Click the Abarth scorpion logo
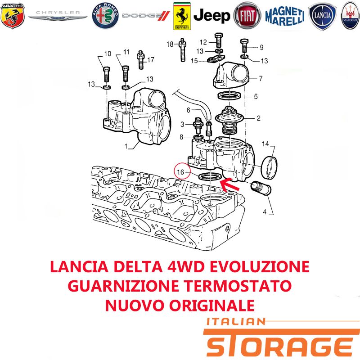(x=13, y=15)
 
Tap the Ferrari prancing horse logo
(x=182, y=16)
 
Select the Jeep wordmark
(x=211, y=16)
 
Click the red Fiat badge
(x=247, y=16)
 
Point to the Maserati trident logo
(x=350, y=16)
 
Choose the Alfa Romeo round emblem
(x=105, y=16)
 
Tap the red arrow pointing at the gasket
(x=229, y=184)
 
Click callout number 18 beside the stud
(x=170, y=44)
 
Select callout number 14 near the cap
(x=265, y=144)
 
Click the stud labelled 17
(x=141, y=60)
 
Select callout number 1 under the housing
(x=126, y=146)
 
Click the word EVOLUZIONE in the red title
(x=260, y=266)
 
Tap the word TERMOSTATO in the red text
(x=238, y=286)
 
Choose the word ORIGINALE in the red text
(x=212, y=305)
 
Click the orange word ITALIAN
(x=236, y=321)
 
